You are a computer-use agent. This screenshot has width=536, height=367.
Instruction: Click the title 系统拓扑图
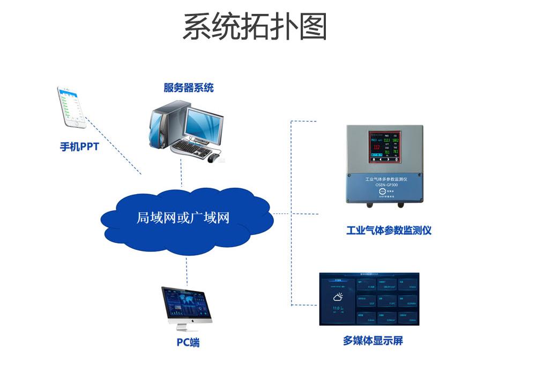pos(255,27)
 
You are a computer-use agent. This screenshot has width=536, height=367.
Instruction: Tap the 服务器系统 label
pos(189,87)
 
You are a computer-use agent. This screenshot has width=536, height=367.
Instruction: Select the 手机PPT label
pos(79,146)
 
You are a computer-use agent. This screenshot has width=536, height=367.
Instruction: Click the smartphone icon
pos(72,107)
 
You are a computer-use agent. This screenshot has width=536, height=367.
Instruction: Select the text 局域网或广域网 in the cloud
pos(183,218)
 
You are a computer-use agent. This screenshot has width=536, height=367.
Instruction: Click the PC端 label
pos(188,342)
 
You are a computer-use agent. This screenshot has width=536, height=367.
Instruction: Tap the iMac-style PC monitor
pos(187,305)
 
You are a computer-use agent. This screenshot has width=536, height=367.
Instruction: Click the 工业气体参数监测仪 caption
pos(389,231)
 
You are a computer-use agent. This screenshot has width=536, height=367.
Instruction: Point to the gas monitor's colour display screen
pos(385,147)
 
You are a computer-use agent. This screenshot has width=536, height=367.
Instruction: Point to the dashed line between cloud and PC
pos(187,270)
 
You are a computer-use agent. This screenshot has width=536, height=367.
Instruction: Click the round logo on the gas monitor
pos(382,191)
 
